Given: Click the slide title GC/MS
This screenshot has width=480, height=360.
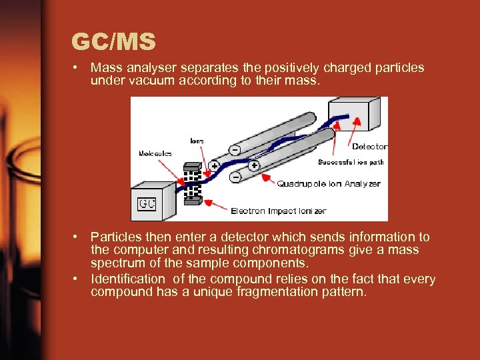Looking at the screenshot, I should pyautogui.click(x=114, y=42).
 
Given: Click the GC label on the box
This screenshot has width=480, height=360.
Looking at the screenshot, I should pyautogui.click(x=147, y=203).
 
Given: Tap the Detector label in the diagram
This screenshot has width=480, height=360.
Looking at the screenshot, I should pyautogui.click(x=369, y=147).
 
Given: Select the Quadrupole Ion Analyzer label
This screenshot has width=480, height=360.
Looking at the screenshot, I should pyautogui.click(x=329, y=184).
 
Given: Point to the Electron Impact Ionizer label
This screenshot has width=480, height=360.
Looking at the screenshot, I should pyautogui.click(x=278, y=211).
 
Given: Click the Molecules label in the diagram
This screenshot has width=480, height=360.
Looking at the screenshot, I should pyautogui.click(x=155, y=153).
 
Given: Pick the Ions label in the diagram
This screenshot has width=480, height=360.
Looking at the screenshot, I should pyautogui.click(x=197, y=141).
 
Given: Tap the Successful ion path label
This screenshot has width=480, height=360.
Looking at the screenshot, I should pyautogui.click(x=351, y=162).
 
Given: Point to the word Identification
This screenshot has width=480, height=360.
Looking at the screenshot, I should pyautogui.click(x=127, y=279).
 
